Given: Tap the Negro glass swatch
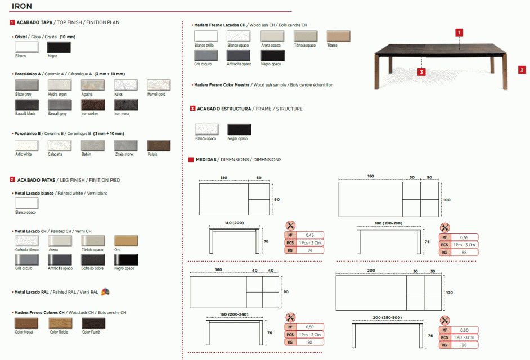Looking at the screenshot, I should (x=59, y=47).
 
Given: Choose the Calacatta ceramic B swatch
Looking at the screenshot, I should (x=59, y=145).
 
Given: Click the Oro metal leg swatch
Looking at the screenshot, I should (x=125, y=241).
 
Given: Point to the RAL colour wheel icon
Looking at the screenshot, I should (x=105, y=291).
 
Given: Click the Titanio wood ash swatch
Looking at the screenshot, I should (x=338, y=37).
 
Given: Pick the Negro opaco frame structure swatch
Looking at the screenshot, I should (x=239, y=129).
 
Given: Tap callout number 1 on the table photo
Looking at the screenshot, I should (x=460, y=33).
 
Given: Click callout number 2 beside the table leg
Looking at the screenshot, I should (x=522, y=70).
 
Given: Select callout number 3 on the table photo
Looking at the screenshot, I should (x=421, y=72).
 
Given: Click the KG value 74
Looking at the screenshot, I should (x=309, y=251).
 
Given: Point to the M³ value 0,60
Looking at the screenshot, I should (x=464, y=330).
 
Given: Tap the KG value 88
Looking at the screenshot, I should (x=464, y=253).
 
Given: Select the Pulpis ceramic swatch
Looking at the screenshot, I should (x=158, y=145).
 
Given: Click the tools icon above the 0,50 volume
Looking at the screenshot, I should (x=290, y=318).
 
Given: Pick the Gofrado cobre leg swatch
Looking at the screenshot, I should (x=92, y=259).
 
